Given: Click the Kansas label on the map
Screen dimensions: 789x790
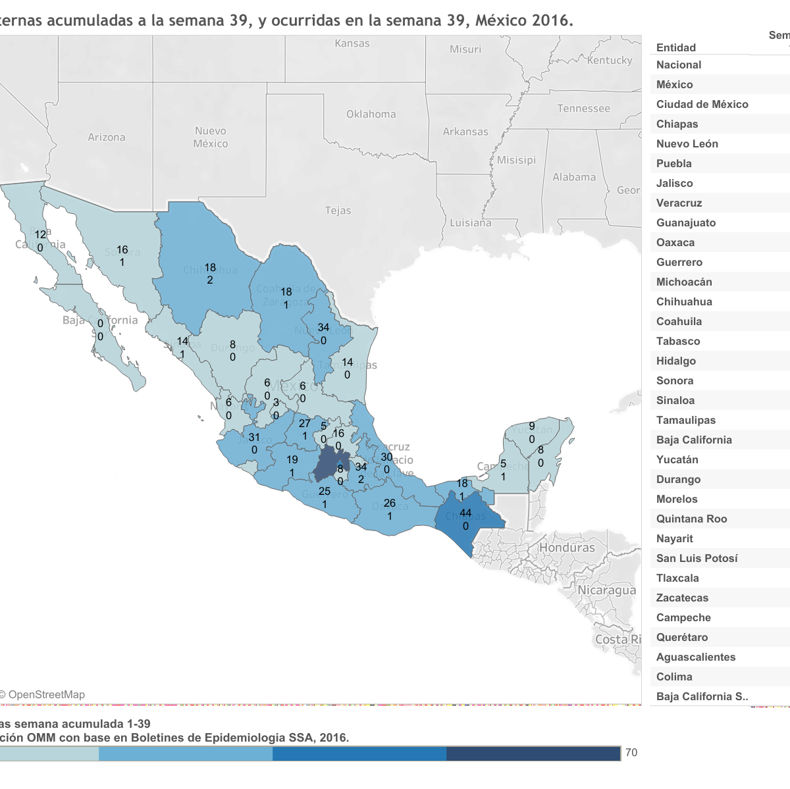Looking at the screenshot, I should tap(352, 43).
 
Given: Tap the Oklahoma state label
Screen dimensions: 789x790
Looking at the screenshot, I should tap(371, 114).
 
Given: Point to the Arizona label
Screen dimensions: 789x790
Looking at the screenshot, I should tap(107, 137).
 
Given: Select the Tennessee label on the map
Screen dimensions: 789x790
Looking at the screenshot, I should tap(583, 109).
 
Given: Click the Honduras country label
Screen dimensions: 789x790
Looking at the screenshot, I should tap(567, 547).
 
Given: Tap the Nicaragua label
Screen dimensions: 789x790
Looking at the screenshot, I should tap(606, 590).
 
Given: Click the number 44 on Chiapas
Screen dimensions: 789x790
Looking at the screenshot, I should tap(465, 513).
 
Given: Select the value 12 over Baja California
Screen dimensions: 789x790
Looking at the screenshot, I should tap(41, 234).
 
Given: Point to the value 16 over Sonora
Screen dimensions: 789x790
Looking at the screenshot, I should tap(122, 249).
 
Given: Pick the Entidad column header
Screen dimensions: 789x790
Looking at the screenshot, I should tap(676, 47).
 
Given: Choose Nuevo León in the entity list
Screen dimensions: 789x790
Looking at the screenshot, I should tap(687, 143).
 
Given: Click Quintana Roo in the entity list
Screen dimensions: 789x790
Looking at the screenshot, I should tap(691, 519).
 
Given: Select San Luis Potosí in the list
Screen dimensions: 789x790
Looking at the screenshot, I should tap(697, 558).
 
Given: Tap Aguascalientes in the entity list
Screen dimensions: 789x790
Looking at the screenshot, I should tap(695, 657).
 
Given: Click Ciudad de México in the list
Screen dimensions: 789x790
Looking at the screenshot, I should tap(702, 104).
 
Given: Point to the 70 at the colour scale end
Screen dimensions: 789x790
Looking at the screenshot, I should tap(631, 752).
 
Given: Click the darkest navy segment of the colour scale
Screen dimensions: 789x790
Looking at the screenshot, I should tap(533, 753).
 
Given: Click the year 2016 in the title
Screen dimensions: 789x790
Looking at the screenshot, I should tap(550, 20).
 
